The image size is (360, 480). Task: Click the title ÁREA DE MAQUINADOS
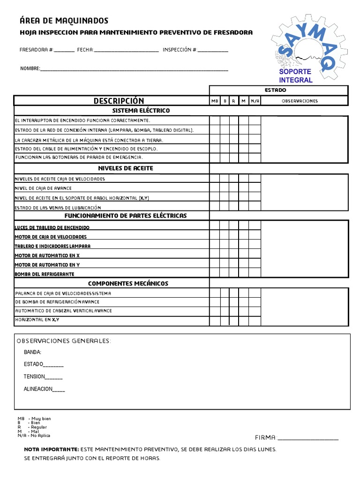64,21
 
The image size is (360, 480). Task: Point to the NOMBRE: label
30,68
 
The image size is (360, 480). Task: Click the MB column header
215,101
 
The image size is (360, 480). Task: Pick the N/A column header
255,101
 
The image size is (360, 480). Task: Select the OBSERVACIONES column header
300,101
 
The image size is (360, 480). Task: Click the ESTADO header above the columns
275,90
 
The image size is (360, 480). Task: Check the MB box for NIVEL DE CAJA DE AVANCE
215,188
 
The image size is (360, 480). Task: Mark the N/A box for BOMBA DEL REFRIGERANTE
255,274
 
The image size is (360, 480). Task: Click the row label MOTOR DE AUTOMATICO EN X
47,255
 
